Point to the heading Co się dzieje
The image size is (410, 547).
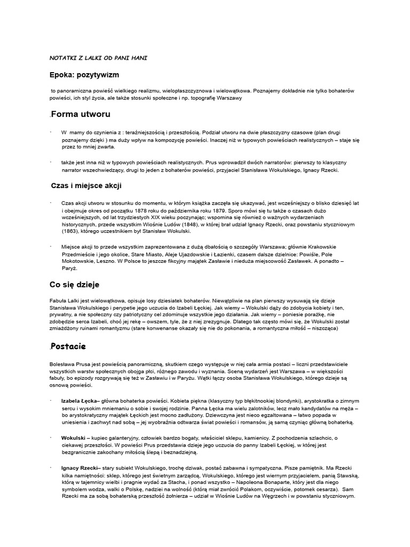74,285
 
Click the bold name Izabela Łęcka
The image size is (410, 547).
80,401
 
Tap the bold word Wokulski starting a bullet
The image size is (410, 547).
75,438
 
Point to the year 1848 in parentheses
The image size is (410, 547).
172,224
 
